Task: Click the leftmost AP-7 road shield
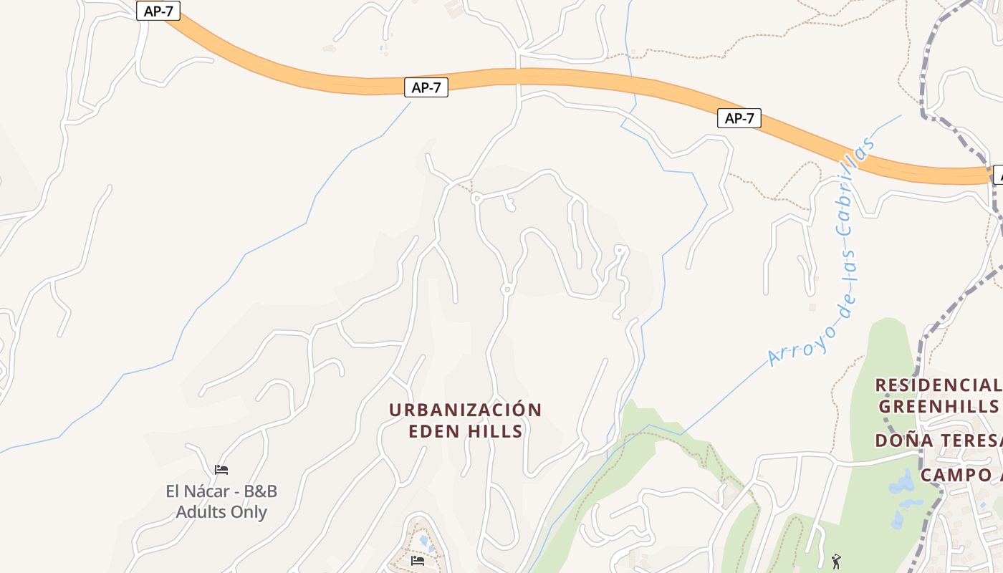click(158, 11)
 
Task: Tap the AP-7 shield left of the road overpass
click(426, 87)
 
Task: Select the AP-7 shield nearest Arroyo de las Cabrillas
click(739, 118)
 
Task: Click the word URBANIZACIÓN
click(465, 410)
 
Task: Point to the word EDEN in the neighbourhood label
click(432, 431)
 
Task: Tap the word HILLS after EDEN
click(492, 431)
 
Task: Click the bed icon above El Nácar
click(221, 470)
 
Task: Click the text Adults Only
click(221, 512)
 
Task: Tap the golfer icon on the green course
click(835, 561)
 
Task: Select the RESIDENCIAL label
click(937, 385)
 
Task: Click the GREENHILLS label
click(938, 406)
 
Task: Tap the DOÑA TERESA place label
click(938, 440)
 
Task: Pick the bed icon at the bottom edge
click(418, 560)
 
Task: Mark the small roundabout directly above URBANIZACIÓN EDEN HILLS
click(507, 289)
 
